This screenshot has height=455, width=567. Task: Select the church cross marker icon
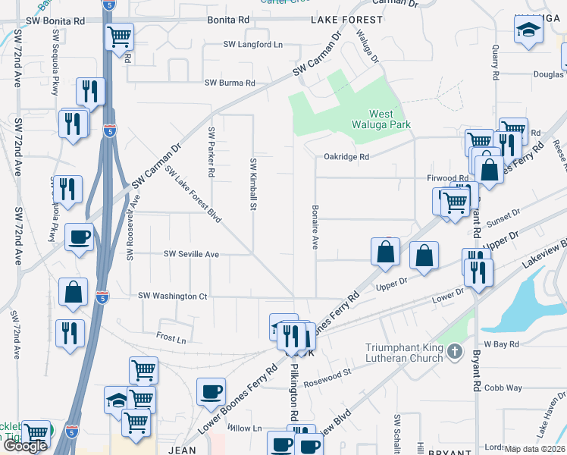click(x=454, y=351)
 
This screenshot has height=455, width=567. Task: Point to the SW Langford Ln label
click(x=252, y=45)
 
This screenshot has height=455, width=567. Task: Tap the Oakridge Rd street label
click(x=346, y=157)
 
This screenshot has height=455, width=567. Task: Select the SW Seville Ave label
click(x=192, y=254)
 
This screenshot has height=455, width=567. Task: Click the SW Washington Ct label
click(x=172, y=296)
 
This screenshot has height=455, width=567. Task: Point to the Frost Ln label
click(x=171, y=338)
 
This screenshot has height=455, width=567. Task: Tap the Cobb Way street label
click(x=504, y=388)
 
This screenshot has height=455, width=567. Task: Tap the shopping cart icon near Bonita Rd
click(x=120, y=36)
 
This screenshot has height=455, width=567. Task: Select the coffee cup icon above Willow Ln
click(x=211, y=391)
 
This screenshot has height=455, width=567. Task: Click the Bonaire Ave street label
click(x=314, y=226)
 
